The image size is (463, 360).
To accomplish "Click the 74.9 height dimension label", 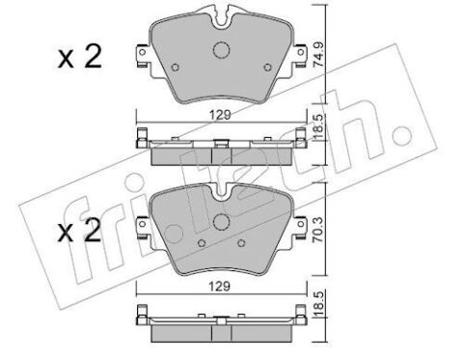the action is click(x=318, y=55).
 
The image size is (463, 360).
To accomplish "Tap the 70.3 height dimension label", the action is click(x=318, y=229).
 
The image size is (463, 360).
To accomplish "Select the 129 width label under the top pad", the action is click(x=220, y=115).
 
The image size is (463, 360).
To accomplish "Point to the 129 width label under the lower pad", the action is click(x=220, y=286).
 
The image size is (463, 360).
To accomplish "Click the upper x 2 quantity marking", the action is click(x=80, y=56).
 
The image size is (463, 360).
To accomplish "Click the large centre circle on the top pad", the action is click(x=221, y=50).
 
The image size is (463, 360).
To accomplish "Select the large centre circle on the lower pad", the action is click(x=221, y=222).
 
